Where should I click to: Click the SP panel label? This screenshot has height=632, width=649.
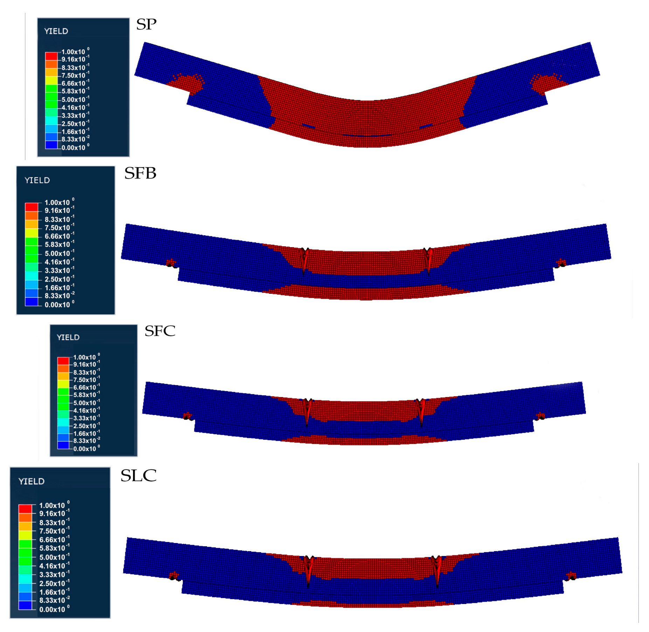click(146, 24)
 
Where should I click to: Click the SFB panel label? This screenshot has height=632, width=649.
click(140, 173)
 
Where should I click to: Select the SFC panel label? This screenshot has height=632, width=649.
click(160, 331)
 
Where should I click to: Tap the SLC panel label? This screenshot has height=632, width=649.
click(138, 475)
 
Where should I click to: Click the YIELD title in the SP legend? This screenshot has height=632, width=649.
click(56, 31)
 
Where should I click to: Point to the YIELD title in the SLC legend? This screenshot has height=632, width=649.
click(31, 481)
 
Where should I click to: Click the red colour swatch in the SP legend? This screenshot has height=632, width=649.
click(51, 56)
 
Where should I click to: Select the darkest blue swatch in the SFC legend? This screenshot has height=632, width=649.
click(63, 445)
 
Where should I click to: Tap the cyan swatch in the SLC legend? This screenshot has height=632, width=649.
click(25, 579)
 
